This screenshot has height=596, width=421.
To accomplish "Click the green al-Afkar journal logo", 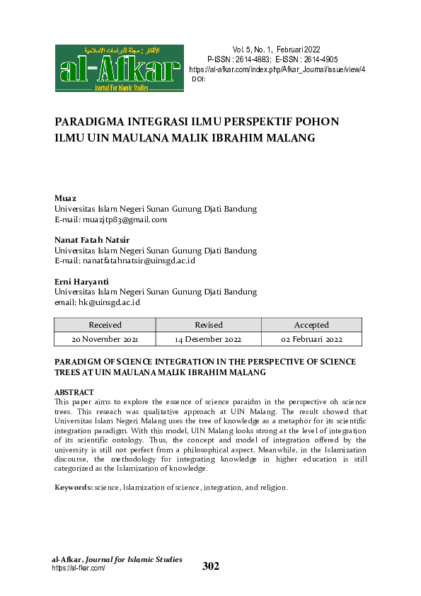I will pos(119,69).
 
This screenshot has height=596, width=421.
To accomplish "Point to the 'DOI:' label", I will pos(199,79).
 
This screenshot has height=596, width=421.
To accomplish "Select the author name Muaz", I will pos(66,198).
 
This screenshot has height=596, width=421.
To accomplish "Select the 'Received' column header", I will pos(105,325).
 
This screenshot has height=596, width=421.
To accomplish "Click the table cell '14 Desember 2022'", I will pos(208,340).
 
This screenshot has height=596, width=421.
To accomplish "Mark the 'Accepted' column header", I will pos(311,325).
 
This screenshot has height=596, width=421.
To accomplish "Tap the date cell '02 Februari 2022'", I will pos(311,340).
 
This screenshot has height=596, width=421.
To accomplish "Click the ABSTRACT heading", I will pos(74,392).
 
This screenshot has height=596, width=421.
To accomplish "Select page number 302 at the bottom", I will pos(211,566).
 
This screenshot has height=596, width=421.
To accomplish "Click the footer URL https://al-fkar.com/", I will pos(79,568).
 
